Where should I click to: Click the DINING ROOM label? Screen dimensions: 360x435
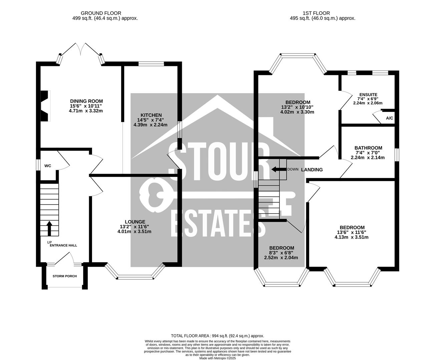tap(86, 101)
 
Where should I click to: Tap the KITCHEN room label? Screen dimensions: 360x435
tap(150, 115)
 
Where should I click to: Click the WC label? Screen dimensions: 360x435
tap(48, 166)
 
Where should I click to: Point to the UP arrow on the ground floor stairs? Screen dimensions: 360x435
tap(49, 228)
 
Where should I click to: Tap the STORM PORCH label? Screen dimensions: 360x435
tap(65, 276)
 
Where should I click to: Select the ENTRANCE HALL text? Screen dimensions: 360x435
tap(63, 245)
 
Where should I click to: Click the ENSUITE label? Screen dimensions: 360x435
tap(368, 95)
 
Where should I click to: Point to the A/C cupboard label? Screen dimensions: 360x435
tap(389, 118)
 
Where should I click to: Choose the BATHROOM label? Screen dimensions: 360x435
tap(368, 148)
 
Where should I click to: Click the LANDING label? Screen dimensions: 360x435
tap(312, 170)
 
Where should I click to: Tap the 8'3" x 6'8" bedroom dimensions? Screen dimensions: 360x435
tap(281, 253)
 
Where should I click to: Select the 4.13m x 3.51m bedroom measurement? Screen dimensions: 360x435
tap(351, 237)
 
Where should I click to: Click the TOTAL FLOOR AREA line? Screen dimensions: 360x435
tap(217, 336)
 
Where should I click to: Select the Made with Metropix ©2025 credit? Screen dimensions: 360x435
tap(217, 358)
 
